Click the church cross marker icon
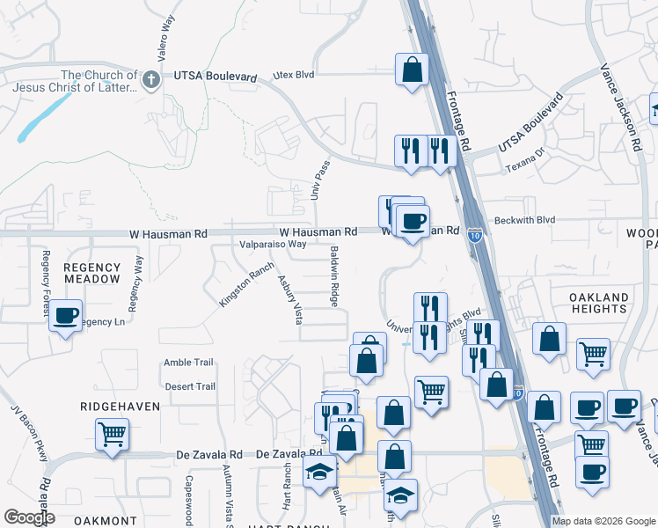(151, 80)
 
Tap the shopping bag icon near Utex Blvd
(412, 70)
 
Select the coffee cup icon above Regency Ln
(65, 315)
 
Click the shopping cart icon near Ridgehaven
(113, 434)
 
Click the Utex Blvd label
(293, 76)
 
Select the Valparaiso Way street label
(273, 245)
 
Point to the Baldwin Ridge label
(335, 275)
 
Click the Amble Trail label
(188, 363)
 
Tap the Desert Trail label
(189, 386)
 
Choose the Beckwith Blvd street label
(525, 220)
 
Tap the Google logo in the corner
(29, 517)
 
